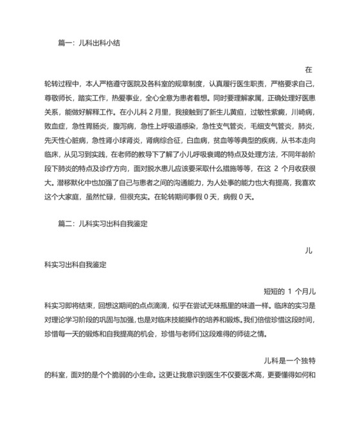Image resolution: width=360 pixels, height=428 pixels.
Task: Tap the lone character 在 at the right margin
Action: tap(308, 69)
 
